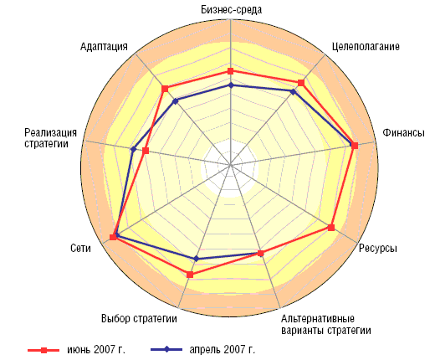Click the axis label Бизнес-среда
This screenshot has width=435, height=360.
tap(231, 10)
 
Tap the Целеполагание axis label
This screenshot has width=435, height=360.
tap(366, 46)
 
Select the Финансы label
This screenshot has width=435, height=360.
tap(403, 132)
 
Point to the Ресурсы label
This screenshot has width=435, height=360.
tap(378, 248)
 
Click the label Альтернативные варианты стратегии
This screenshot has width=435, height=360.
tap(326, 324)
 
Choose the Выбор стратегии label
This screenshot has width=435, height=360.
tap(139, 318)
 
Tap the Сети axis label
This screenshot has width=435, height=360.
tap(80, 248)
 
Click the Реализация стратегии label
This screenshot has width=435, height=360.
tap(50, 138)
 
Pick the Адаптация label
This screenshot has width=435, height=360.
tap(104, 46)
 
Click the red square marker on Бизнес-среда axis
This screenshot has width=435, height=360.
tap(230, 71)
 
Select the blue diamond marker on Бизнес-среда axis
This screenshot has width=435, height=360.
tap(230, 85)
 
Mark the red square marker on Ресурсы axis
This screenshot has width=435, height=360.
tap(331, 228)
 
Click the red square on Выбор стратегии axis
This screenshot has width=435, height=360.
tap(190, 275)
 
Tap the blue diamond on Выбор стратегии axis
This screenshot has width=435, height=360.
tap(196, 259)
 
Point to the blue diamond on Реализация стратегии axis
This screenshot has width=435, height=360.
tap(133, 149)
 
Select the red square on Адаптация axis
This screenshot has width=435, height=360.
tap(165, 89)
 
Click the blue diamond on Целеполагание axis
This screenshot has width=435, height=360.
tap(293, 91)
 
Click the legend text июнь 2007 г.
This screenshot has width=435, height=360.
tap(96, 349)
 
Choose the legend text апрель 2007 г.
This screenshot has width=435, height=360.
tap(223, 349)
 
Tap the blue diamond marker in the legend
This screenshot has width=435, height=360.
tap(166, 349)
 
